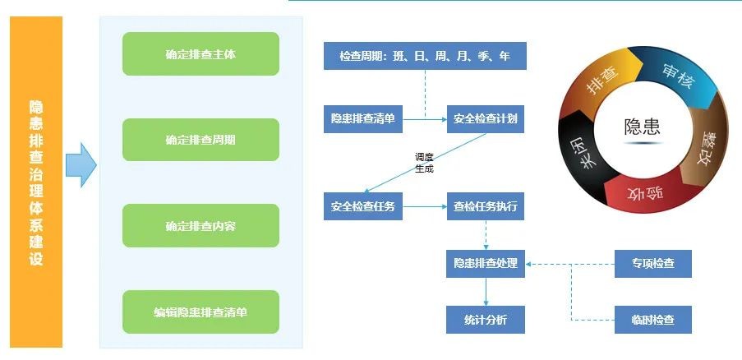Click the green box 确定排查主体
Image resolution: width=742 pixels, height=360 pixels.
(x=200, y=54)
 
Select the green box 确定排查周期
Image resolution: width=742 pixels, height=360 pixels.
(x=200, y=140)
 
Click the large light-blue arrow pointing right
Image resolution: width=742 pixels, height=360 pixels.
(x=81, y=164)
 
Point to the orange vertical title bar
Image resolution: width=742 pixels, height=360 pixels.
(x=36, y=182)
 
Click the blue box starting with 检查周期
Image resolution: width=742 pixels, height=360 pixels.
(x=424, y=56)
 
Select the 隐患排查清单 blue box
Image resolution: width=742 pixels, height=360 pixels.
(x=362, y=119)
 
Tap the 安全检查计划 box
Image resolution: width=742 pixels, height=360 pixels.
(x=485, y=119)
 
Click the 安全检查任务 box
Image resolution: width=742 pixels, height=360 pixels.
(x=362, y=206)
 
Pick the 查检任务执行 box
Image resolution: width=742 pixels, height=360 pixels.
(x=485, y=206)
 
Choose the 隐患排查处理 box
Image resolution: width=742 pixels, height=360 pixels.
(x=485, y=264)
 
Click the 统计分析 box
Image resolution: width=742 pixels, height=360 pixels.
(x=485, y=319)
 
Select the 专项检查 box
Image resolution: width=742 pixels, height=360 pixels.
(x=653, y=264)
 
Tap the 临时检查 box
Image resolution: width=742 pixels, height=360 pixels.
(x=653, y=319)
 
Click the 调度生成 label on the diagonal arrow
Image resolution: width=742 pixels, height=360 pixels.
(x=424, y=163)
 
